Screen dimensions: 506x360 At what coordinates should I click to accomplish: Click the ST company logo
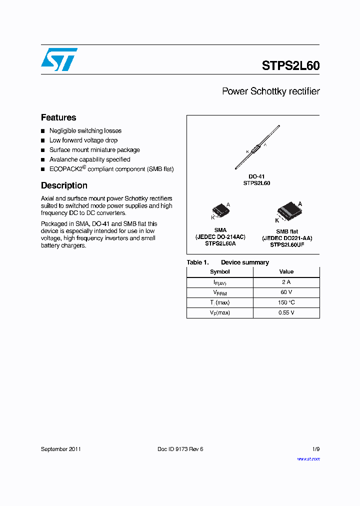point(59,59)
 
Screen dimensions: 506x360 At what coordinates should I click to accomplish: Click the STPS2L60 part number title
point(290,65)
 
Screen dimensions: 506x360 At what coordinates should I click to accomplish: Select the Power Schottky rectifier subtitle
point(270,91)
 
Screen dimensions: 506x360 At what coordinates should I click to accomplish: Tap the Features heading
point(58,117)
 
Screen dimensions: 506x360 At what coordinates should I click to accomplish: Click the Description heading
point(64,185)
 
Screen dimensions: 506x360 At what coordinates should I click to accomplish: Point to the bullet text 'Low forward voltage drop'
point(83,140)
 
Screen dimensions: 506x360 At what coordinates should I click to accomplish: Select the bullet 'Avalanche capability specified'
point(89,159)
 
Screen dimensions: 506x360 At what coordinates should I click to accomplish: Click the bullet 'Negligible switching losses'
point(85,131)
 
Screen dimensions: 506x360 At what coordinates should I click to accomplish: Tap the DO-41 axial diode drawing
point(257,148)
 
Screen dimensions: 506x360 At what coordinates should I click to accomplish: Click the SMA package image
point(220,210)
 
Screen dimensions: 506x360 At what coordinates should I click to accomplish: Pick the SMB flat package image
point(287,210)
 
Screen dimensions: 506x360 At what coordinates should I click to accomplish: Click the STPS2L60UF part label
point(287,245)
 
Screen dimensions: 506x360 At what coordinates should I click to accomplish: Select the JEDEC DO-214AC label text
point(220,237)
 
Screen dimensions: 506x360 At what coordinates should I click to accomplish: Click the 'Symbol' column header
point(220,272)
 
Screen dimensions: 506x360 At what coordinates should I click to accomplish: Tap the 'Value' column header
point(286,272)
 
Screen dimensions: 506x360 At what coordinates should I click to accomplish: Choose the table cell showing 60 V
point(286,292)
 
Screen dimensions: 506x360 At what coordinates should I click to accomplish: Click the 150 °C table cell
point(286,302)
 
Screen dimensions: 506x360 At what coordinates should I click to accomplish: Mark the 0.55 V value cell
point(286,312)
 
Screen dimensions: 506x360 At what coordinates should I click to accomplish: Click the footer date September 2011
point(60,449)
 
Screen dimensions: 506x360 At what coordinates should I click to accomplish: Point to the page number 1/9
point(315,449)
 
